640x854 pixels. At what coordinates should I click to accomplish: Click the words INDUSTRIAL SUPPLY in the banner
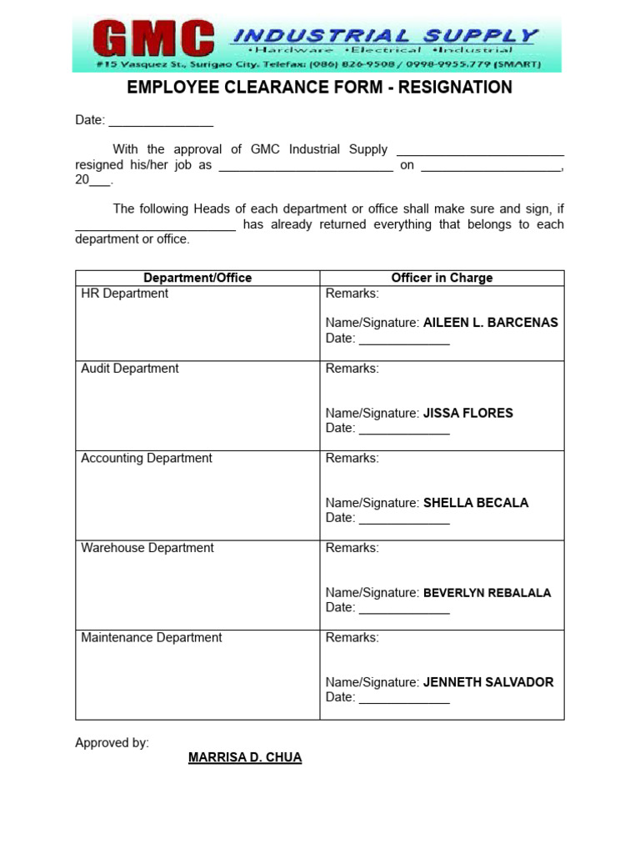point(384,35)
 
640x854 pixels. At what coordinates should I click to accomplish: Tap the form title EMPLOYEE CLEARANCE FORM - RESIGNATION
point(319,88)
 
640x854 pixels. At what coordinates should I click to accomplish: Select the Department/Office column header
point(197,278)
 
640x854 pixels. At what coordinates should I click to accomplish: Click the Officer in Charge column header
point(442,278)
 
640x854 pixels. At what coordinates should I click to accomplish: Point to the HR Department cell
point(124,294)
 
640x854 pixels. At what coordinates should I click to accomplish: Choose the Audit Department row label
point(129,369)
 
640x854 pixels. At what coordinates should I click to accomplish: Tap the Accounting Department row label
point(146,458)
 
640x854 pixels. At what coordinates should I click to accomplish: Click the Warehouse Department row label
point(147,548)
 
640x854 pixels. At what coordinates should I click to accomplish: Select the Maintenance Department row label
point(151,637)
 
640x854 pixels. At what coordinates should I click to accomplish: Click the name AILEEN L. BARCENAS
point(490,323)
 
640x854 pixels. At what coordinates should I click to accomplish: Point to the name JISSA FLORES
point(467,413)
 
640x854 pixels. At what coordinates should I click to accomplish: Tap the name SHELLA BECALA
point(475,503)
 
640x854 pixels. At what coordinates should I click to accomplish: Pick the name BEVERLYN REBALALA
point(487,593)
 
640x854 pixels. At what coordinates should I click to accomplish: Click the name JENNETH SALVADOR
point(487,682)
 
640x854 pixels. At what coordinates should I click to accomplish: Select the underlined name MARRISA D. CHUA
point(245,757)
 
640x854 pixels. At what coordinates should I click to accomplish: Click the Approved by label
point(112,742)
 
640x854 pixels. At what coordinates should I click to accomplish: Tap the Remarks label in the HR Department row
point(352,294)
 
